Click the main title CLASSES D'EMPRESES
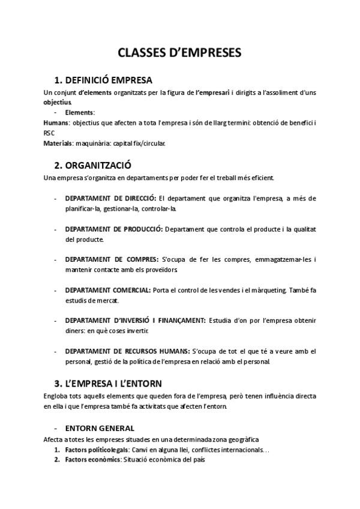(179, 53)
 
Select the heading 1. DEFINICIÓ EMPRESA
(103, 80)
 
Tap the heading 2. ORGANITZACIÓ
(93, 165)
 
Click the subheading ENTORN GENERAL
(100, 428)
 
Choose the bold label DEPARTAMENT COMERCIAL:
(107, 290)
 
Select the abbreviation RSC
(49, 133)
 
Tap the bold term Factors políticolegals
(95, 450)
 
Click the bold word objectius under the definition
(58, 102)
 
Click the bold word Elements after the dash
(79, 112)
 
